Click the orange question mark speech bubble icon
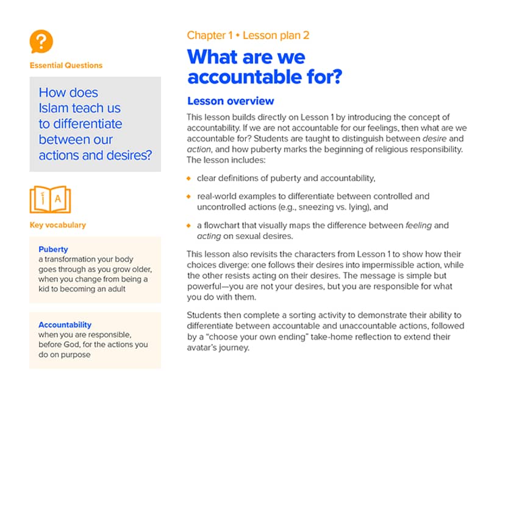[41, 41]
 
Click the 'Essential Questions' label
[66, 65]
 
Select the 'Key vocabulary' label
[57, 225]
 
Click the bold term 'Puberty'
[53, 249]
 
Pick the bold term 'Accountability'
[65, 325]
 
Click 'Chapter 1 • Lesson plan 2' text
[248, 35]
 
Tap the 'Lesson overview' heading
[231, 101]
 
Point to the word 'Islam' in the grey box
[54, 109]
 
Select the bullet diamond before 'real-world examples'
[189, 196]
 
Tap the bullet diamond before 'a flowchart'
[189, 226]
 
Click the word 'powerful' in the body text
[206, 287]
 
